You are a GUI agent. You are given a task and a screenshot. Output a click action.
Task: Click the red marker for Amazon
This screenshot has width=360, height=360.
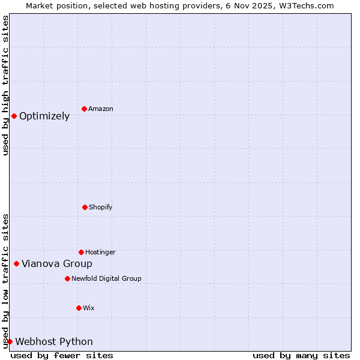(x=84, y=109)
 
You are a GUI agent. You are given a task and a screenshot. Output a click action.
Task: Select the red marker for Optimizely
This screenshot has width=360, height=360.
(x=14, y=116)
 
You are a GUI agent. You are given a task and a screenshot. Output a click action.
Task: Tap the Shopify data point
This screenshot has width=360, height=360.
(x=85, y=207)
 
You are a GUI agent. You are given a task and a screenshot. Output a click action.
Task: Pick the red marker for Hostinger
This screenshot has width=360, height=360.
(x=81, y=252)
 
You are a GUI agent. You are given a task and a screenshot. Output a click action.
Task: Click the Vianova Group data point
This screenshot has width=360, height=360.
(x=16, y=263)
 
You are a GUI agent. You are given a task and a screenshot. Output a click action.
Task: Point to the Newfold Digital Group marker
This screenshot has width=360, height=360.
(x=67, y=278)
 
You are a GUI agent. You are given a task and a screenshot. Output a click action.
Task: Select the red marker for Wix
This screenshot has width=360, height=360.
(x=79, y=308)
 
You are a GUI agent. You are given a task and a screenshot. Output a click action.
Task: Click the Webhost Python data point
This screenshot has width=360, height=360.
(x=10, y=341)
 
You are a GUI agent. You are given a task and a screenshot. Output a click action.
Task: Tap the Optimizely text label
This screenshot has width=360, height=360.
(x=44, y=116)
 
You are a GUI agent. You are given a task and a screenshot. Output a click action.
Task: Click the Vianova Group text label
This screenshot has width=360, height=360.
(x=57, y=264)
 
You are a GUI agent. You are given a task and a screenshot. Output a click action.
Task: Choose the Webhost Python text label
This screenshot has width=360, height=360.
(x=54, y=342)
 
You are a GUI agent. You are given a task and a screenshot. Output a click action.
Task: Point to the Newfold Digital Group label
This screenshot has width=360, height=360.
(x=106, y=278)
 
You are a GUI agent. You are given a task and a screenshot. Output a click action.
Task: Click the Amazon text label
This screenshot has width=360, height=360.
(x=101, y=109)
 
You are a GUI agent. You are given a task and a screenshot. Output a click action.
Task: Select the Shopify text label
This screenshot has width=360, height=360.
(x=101, y=208)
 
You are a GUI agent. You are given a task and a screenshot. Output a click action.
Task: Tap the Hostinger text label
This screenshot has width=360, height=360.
(x=100, y=253)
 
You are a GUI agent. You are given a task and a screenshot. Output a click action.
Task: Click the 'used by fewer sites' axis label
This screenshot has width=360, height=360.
(x=62, y=355)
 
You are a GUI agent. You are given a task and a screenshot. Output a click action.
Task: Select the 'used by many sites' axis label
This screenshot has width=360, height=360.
(x=301, y=355)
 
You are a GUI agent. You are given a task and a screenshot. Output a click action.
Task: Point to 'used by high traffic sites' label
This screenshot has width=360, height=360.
(x=5, y=85)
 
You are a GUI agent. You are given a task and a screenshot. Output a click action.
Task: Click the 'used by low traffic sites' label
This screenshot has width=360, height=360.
(x=5, y=281)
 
